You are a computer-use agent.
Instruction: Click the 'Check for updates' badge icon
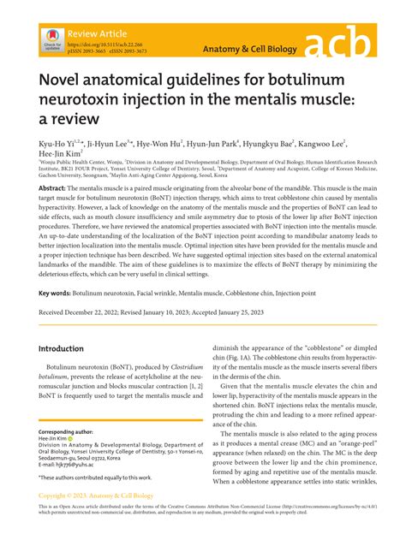(x=50, y=41)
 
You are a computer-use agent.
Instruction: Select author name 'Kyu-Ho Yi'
(x=56, y=145)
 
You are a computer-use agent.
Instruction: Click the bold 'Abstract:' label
(x=51, y=187)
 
